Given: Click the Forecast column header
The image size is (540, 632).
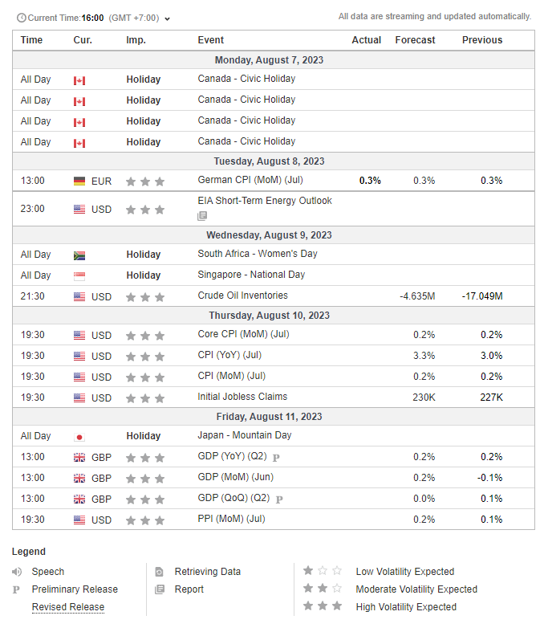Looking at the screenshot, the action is pos(415,40).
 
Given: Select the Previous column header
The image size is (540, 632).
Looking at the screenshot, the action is pos(482,40).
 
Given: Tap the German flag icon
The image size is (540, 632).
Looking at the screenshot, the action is pos(79,181).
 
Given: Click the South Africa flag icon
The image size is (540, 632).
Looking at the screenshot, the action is pos(79,255).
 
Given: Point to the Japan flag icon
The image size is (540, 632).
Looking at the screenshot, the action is pos(79,437).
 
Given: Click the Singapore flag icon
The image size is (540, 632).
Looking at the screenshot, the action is pos(79,276).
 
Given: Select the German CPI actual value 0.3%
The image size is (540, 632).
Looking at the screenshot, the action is pos(370,181).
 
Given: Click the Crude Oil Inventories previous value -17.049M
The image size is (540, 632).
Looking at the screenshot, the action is pos(482,296).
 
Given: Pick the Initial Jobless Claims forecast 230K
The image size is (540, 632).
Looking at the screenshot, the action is pos(424,398).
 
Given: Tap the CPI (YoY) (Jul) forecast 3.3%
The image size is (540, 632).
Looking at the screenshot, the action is pos(424,356).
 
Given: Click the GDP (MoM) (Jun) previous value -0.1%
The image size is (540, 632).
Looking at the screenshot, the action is pos(489,478).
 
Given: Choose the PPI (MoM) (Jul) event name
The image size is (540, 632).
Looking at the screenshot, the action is pos(231,519).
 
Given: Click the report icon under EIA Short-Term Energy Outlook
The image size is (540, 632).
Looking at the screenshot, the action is pos(202,216).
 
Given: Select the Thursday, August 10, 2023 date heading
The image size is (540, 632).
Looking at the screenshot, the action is pos(269,315).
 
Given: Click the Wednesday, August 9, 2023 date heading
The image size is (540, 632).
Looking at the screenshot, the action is pos(269,235).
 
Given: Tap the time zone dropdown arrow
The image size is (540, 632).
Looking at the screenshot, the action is pos(168,19).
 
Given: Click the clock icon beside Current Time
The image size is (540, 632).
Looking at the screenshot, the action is pos(22,18).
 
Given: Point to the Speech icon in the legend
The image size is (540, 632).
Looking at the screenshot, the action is pos(17,572).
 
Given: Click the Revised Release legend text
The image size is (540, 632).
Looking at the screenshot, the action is pos(68,606).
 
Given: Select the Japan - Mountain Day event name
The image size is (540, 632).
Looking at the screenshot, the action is pos(245,435).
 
